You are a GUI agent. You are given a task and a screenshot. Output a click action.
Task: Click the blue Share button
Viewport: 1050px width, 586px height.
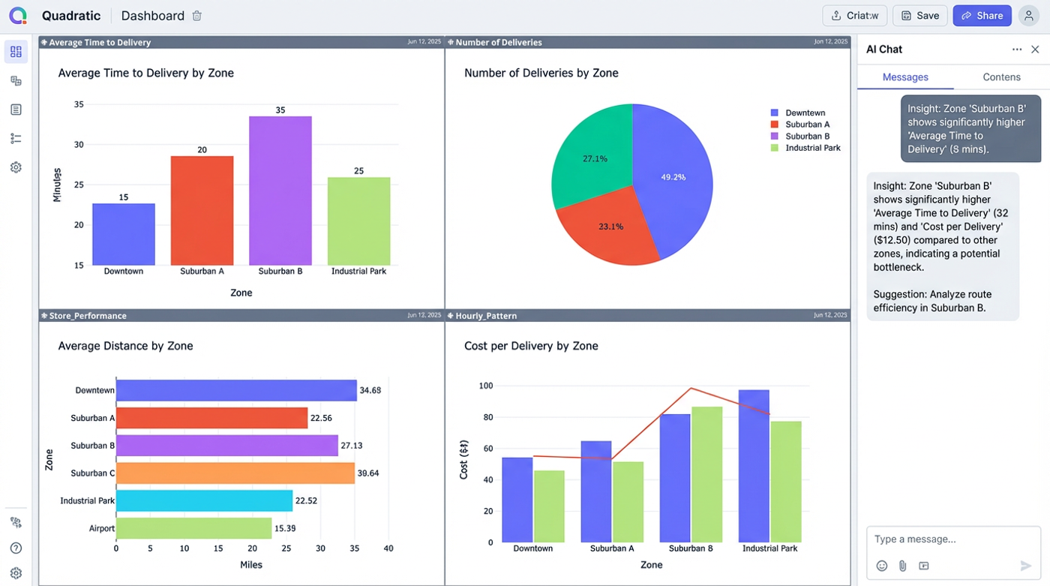pos(982,16)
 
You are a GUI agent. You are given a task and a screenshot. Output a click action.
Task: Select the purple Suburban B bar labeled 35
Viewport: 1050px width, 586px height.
pos(280,191)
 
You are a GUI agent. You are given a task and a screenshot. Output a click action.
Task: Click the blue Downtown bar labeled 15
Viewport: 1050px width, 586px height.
pos(124,234)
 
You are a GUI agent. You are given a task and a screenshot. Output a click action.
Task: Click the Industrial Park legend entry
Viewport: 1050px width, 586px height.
pos(812,149)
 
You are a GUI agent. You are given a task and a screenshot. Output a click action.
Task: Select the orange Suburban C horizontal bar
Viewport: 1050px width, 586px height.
pos(235,473)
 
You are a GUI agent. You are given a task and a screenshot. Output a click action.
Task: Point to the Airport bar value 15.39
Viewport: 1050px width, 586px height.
pos(285,528)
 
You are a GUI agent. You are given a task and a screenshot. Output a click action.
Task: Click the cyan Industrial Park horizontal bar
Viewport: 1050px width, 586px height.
pos(204,500)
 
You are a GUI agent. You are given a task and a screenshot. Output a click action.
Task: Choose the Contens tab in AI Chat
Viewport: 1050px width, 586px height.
pos(1001,77)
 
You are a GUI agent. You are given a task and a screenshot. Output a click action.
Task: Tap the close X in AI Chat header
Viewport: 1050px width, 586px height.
pos(1035,50)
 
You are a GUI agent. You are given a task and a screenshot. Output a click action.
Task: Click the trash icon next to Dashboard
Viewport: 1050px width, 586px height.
pos(197,16)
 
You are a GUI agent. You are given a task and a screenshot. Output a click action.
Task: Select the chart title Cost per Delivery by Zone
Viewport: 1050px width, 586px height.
pos(531,346)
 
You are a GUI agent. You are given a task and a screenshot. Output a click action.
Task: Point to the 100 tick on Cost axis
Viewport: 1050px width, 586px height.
pos(486,386)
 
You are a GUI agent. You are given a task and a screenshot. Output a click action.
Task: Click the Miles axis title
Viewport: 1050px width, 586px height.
pos(251,564)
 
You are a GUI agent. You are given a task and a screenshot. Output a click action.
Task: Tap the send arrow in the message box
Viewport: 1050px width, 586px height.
pos(1026,566)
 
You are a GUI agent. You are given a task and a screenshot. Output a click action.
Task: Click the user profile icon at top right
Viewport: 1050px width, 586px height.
pos(1028,16)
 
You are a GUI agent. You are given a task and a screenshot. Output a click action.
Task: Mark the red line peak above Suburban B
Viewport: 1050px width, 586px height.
pos(691,388)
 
